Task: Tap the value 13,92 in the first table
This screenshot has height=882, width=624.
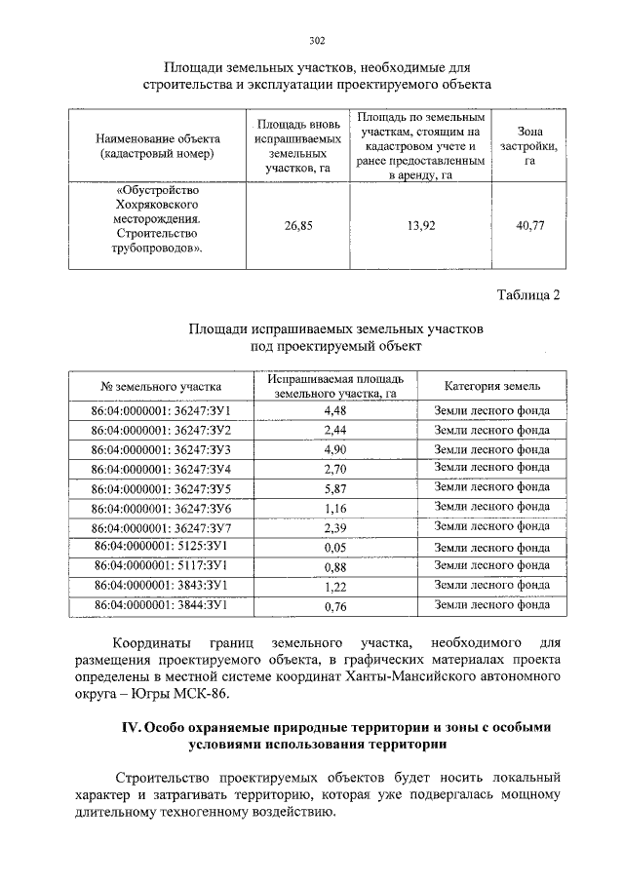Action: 419,225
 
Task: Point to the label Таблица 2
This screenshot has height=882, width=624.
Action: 529,295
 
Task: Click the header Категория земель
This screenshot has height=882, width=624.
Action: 491,386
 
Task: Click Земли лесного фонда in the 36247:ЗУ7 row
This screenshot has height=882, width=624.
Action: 491,526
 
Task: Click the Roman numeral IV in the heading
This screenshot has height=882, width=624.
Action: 131,728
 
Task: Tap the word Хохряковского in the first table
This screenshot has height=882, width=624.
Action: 157,207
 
